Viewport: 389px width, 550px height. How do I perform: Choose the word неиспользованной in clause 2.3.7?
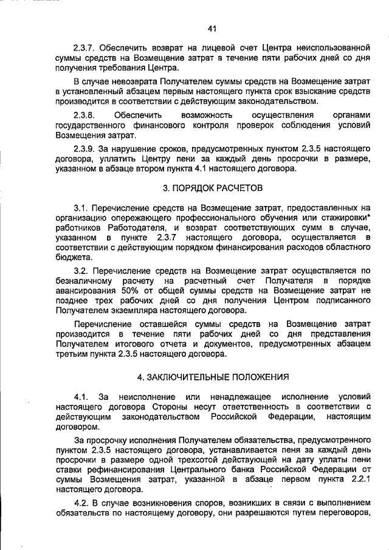pyautogui.click(x=334, y=47)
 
